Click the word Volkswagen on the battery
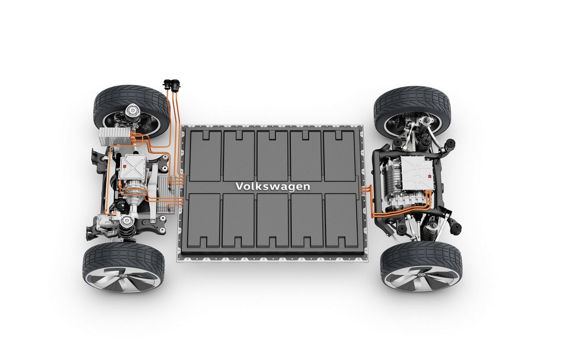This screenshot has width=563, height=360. pos(272,187)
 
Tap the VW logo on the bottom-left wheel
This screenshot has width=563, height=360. pos(123,276)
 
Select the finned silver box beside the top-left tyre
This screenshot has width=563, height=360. pos(114,136)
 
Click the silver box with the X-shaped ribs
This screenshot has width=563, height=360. pos(132,167)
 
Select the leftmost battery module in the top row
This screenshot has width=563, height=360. pos(205,156)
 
